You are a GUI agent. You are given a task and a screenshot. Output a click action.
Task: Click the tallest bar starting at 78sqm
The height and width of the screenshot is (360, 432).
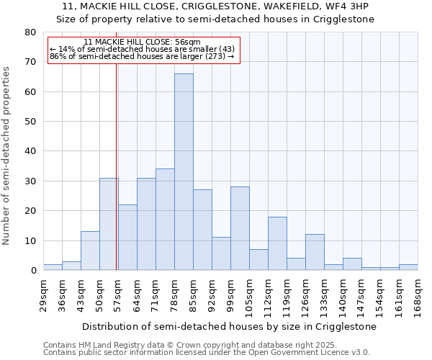tap(184, 172)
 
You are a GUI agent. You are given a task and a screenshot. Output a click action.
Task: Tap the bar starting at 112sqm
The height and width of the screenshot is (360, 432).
tap(277, 243)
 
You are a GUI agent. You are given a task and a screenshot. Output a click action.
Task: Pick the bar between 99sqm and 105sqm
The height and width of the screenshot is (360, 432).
tap(240, 228)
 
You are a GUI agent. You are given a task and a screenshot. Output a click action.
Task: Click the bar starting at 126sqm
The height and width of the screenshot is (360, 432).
tap(315, 252)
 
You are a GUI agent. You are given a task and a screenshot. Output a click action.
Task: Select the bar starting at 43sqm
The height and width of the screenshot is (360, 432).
tap(90, 251)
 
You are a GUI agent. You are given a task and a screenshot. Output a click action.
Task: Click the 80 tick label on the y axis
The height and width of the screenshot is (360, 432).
tap(30, 32)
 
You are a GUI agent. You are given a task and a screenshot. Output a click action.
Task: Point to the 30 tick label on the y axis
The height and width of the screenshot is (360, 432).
tap(30, 181)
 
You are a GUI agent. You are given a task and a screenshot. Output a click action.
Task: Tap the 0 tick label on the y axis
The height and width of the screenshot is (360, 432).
tap(32, 271)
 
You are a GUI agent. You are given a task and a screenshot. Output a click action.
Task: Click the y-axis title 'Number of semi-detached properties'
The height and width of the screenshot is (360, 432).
tap(7, 155)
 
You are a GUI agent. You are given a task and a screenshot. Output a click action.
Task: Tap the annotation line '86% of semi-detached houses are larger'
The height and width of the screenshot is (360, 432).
tap(142, 56)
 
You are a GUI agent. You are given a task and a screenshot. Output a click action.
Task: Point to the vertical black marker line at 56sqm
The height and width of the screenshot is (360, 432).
tap(116, 166)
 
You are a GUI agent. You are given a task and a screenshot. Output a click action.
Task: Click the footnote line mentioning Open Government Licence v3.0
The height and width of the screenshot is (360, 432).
tap(207, 352)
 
